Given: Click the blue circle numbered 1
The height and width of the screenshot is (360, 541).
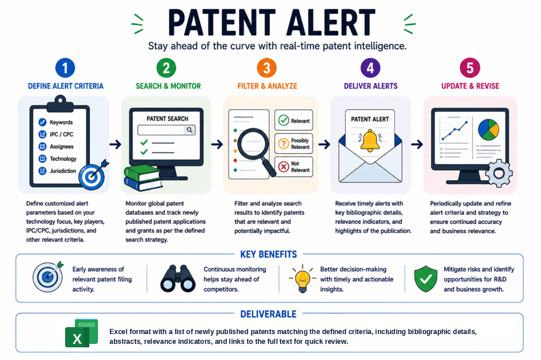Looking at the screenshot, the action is (x=65, y=67).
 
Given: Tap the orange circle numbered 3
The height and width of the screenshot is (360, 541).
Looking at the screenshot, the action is (x=267, y=67).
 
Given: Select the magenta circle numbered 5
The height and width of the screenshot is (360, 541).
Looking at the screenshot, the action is (x=470, y=67).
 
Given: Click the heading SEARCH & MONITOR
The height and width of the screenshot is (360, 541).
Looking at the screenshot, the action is (x=168, y=86).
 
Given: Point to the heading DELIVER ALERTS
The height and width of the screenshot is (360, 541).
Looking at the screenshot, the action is (x=370, y=86).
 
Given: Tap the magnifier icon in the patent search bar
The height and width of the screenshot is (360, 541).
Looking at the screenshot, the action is (x=190, y=130).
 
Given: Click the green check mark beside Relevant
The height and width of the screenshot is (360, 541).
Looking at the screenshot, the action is (x=283, y=120).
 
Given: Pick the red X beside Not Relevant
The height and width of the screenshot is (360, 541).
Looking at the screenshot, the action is (x=283, y=167).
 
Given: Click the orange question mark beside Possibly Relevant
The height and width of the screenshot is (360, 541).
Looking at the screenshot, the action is (x=283, y=143).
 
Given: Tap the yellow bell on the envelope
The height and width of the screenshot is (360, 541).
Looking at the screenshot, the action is (x=370, y=141).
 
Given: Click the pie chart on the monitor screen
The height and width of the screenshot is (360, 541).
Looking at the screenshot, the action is (x=488, y=130).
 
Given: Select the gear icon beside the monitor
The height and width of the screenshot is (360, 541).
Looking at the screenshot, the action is (x=499, y=173).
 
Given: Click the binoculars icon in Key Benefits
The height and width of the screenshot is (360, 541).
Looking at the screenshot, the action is (x=178, y=278).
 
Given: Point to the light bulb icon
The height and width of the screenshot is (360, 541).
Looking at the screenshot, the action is (x=302, y=279).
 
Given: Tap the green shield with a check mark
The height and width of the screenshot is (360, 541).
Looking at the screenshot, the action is (x=426, y=279).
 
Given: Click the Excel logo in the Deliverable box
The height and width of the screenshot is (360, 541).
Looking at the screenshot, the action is (x=82, y=333).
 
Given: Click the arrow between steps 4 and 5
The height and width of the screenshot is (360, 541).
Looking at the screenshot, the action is (x=417, y=144).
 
